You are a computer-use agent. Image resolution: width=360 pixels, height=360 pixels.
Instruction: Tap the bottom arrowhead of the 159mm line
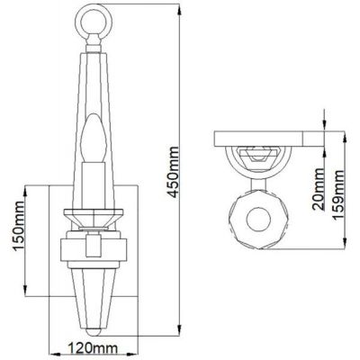[343, 248]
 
